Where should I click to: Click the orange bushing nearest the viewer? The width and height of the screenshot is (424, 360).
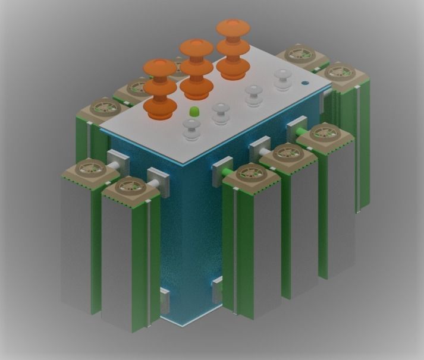(x=159, y=89)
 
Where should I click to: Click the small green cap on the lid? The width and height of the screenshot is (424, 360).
(x=194, y=111)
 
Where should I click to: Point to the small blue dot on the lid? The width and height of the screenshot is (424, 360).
(x=306, y=83)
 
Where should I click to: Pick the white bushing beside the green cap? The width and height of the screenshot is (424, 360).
(x=191, y=128)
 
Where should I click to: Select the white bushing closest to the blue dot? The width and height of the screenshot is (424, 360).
(x=283, y=78)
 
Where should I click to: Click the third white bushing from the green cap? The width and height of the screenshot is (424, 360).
(x=254, y=94)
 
